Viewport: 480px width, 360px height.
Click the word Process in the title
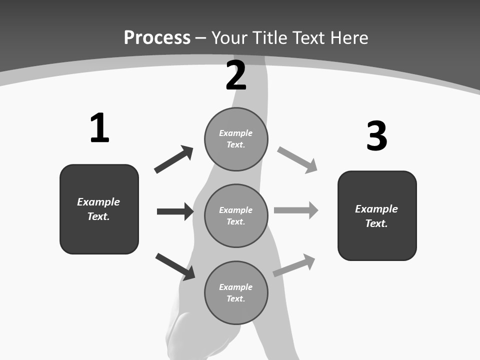[157, 38]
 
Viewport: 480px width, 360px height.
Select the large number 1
[99, 128]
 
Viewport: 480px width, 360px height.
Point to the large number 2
[236, 75]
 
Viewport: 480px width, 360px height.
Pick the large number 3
[376, 136]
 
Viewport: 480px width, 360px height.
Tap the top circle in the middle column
[236, 139]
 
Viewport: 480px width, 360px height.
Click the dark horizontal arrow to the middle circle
[175, 211]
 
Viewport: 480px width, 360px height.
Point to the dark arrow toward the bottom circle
[175, 266]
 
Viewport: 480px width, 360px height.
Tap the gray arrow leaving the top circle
[297, 159]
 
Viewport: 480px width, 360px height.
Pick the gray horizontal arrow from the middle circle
[296, 210]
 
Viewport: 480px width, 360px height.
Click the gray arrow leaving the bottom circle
[294, 264]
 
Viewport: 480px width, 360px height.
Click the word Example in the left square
[98, 202]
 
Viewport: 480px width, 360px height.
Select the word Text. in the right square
[376, 223]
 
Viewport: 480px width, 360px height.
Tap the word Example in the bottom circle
[236, 287]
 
